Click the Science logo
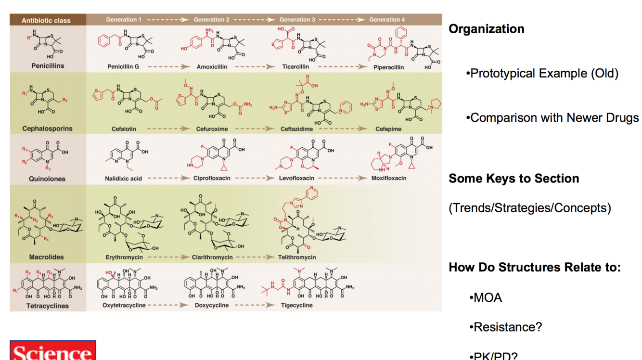tap(52, 350)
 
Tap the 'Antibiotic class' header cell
tap(46, 20)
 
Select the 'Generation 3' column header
tap(297, 20)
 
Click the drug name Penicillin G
tap(123, 66)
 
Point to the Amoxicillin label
tap(212, 67)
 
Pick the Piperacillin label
tap(388, 67)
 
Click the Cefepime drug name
tap(388, 129)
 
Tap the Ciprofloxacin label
tap(211, 178)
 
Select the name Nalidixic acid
tap(123, 179)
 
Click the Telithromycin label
tap(297, 257)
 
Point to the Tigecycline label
tap(296, 305)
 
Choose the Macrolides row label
tap(46, 257)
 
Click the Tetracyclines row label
tap(47, 306)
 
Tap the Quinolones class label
tap(47, 179)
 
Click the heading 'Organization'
tap(486, 29)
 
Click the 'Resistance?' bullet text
tap(508, 327)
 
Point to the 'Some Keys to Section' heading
tap(514, 179)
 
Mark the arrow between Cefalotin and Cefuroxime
tap(168, 129)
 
